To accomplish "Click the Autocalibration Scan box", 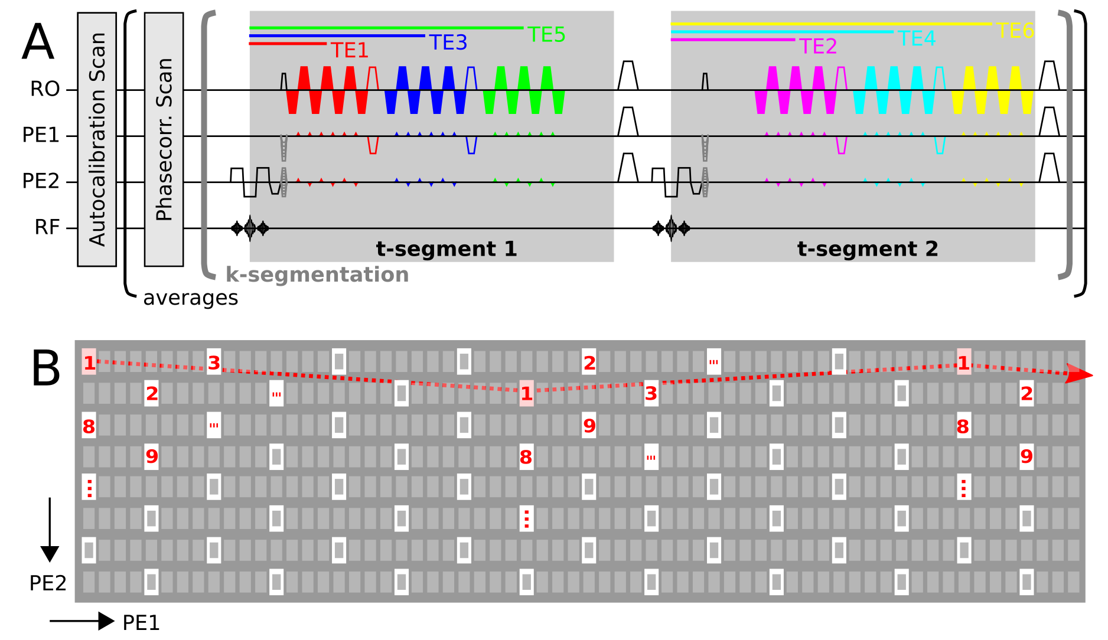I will point(97,139).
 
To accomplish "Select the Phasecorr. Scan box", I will point(164,139).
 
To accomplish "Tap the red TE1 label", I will point(350,51).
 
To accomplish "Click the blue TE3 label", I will point(448,43).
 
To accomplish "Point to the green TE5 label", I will point(546,35).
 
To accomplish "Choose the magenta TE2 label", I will point(818,47).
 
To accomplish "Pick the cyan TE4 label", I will point(917,39).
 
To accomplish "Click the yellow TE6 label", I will point(1015,31).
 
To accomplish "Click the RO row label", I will point(45,89).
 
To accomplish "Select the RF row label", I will point(47,227).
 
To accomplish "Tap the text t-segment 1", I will point(447,249).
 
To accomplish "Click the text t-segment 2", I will point(868,249).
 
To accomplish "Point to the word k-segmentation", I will point(317,275).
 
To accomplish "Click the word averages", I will point(190,298).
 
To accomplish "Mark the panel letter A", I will point(38,42).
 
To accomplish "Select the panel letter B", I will point(45,369).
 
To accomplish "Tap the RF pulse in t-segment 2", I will point(671,228).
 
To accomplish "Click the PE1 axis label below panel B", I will point(141,623).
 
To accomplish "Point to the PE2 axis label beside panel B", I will point(48,583).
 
